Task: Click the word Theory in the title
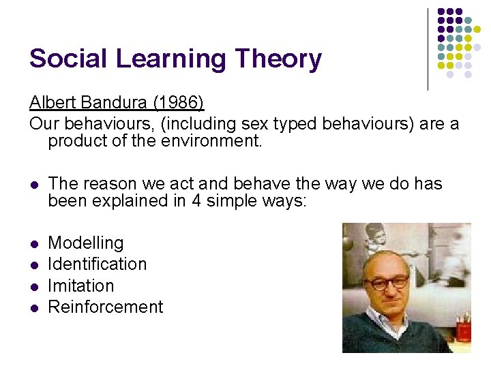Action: [x=278, y=60]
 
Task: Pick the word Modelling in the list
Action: [x=86, y=243]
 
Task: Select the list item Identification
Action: [x=97, y=264]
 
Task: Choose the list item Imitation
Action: [x=80, y=286]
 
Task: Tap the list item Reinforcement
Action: [x=106, y=307]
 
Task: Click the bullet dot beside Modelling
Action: [x=35, y=244]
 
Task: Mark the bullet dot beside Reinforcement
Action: [x=35, y=308]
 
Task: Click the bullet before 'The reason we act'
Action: [x=35, y=185]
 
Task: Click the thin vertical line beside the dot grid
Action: [x=428, y=49]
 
